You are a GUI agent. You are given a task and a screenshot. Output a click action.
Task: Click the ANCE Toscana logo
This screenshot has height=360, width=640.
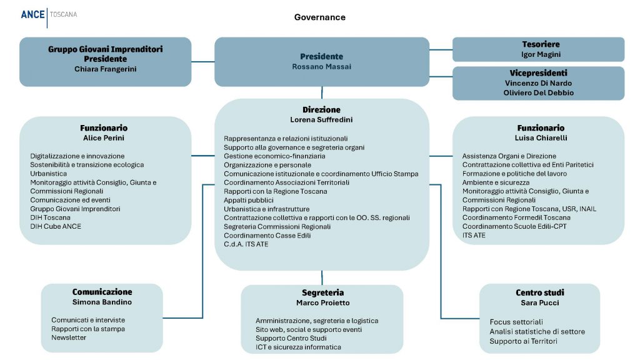point(49,14)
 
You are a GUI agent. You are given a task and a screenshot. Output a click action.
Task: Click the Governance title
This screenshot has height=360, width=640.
point(319,17)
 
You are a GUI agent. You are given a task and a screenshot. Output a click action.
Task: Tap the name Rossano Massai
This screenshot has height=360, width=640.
point(321,67)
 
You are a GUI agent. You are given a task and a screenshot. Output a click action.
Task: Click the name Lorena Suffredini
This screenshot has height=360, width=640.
point(321,119)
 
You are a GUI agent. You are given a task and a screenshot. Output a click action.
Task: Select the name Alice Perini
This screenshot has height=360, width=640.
point(105,137)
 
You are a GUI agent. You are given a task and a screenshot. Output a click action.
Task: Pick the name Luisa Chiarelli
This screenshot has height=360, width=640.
point(541,137)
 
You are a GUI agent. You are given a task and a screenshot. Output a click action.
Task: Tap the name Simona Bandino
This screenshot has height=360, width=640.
point(102,302)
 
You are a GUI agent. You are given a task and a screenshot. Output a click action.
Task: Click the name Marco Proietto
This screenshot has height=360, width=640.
point(322,303)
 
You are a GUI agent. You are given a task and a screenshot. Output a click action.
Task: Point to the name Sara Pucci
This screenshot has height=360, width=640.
point(539,303)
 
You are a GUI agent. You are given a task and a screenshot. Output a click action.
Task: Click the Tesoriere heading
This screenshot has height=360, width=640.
point(541,44)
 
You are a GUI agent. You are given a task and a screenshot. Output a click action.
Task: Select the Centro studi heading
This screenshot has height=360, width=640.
point(540,292)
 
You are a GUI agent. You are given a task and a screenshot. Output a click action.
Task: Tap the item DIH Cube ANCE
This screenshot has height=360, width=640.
point(56,226)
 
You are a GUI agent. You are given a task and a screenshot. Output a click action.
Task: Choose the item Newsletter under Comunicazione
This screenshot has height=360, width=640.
point(69,337)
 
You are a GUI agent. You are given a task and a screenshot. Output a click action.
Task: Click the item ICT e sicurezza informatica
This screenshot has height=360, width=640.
point(298,347)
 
